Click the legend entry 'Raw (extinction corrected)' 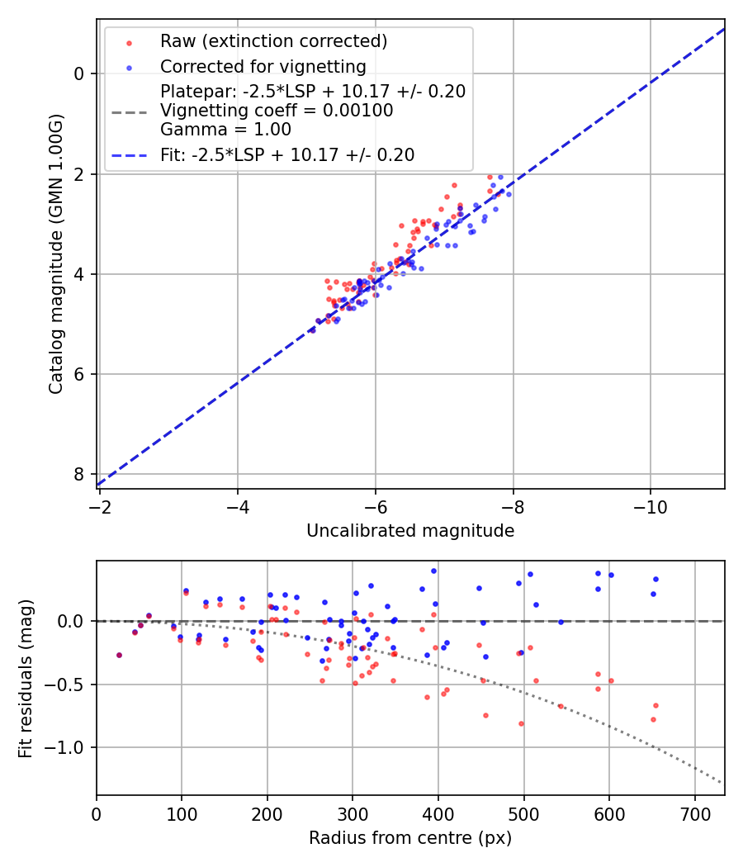273,41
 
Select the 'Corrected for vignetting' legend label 263,67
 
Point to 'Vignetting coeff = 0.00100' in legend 277,111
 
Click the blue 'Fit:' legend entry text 287,154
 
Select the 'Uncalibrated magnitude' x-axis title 410,531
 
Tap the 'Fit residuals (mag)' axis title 26,678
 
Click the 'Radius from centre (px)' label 410,838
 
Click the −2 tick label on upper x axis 100,505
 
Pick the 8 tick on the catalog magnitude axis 78,474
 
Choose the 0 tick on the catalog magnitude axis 78,73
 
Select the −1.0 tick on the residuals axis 68,747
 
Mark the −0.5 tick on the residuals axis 68,685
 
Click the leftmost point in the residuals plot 119,655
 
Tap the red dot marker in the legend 129,41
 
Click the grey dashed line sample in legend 129,111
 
